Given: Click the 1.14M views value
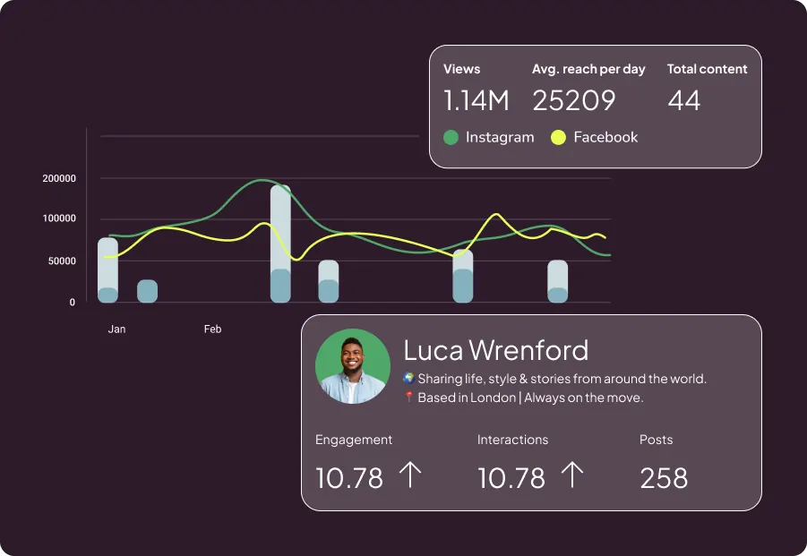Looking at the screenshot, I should [x=476, y=100].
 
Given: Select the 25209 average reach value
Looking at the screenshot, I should [x=574, y=100].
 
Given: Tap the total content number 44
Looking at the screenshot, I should [x=684, y=100].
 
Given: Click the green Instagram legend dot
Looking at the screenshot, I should [x=451, y=138].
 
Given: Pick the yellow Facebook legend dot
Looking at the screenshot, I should [x=558, y=138].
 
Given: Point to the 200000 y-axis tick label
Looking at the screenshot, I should [x=59, y=178].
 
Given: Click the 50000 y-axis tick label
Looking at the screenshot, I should [x=62, y=261].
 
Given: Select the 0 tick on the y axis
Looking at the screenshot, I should [x=73, y=303].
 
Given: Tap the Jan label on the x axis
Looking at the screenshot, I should [x=116, y=329].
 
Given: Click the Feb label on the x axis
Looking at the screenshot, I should [x=212, y=329].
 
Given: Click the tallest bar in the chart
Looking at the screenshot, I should [x=280, y=242].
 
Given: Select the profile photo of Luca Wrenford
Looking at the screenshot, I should [x=353, y=366].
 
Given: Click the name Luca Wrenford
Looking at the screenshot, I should [x=496, y=349].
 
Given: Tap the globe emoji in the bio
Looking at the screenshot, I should [x=408, y=379].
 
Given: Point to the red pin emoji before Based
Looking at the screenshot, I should [x=408, y=398].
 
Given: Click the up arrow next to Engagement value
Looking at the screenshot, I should [x=408, y=475].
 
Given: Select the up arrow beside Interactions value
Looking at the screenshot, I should [x=571, y=475].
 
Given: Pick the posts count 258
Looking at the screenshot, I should [x=664, y=478].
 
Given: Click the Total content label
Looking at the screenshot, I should [x=707, y=69].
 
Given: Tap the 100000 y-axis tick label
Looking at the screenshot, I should [x=59, y=218].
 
